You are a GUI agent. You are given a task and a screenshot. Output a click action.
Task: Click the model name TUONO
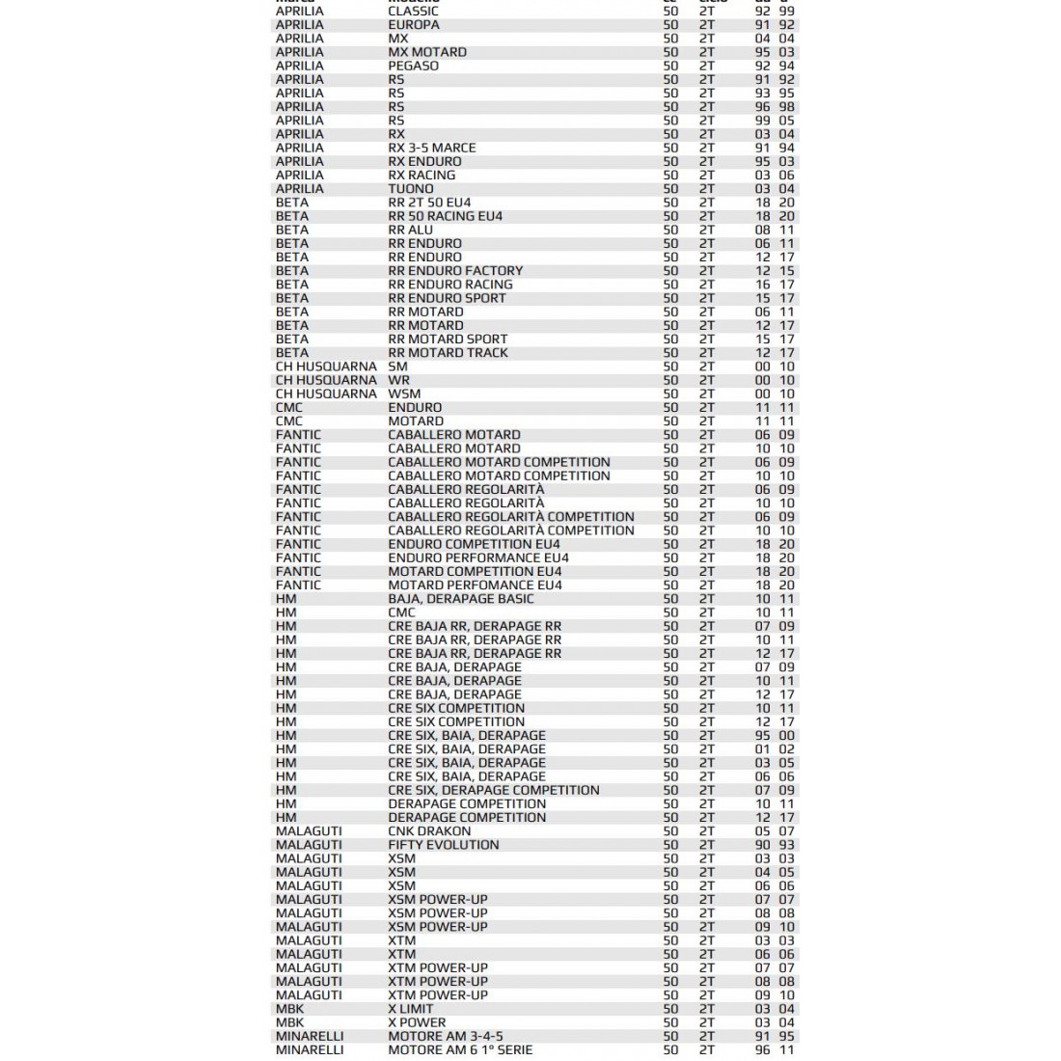coord(411,189)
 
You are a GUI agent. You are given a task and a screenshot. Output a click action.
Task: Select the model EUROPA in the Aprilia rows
coord(414,25)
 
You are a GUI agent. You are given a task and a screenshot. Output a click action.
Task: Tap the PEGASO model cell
coord(414,66)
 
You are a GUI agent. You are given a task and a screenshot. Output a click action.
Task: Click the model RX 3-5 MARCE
coord(432,148)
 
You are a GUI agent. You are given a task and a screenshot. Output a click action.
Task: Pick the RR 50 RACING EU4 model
coord(446,216)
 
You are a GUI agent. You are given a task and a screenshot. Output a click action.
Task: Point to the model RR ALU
coord(411,230)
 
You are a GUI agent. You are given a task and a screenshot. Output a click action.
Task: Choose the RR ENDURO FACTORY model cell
coord(455,271)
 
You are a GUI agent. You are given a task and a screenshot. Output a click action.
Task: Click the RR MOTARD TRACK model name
coord(448,353)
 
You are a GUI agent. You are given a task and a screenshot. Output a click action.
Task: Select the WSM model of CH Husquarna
coord(404,394)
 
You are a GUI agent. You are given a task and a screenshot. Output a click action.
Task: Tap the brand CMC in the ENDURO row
coord(289,407)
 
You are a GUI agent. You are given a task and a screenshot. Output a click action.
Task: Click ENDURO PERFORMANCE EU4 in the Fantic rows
coord(478,558)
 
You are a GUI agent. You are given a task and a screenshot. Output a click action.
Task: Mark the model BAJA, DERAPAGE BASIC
coord(461,599)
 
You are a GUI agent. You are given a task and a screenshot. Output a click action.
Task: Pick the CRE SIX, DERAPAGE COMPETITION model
coord(494,790)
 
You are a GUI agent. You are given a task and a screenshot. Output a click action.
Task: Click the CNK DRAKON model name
coord(430,830)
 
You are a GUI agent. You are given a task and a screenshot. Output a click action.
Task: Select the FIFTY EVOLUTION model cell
coord(444,845)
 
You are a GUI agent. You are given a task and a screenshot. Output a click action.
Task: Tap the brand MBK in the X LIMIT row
coord(289,1009)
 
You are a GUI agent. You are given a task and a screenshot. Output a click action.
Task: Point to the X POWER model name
coord(417,1022)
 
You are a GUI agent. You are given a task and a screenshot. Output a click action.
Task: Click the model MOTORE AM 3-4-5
coord(446,1036)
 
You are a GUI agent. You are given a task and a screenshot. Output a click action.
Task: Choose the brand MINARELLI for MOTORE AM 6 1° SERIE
coord(310,1049)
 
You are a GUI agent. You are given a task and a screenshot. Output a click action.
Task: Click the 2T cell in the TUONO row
coord(707,189)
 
